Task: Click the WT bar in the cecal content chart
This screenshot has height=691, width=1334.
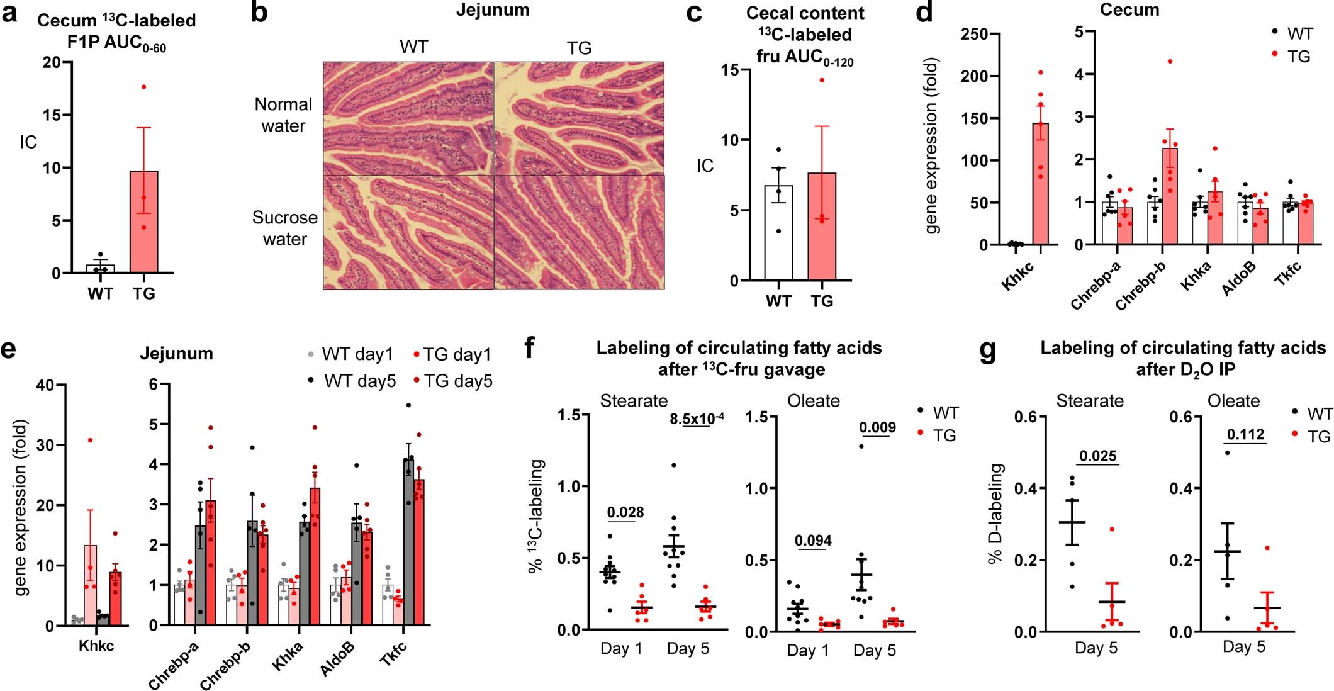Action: pyautogui.click(x=778, y=233)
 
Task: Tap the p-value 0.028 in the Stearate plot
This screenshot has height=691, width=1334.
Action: pyautogui.click(x=625, y=512)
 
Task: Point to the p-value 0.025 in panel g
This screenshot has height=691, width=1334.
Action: pyautogui.click(x=1098, y=456)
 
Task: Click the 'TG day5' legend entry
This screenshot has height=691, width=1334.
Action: pyautogui.click(x=457, y=381)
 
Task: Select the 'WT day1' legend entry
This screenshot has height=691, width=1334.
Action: pyautogui.click(x=357, y=354)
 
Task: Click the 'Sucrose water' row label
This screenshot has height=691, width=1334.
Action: pyautogui.click(x=284, y=228)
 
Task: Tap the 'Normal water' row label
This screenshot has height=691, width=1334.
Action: pyautogui.click(x=283, y=115)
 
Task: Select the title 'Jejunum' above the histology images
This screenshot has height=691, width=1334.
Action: pyautogui.click(x=493, y=10)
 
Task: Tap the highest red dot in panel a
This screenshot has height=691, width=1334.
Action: pyautogui.click(x=144, y=87)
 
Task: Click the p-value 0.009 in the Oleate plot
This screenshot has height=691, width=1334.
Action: pyautogui.click(x=877, y=428)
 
